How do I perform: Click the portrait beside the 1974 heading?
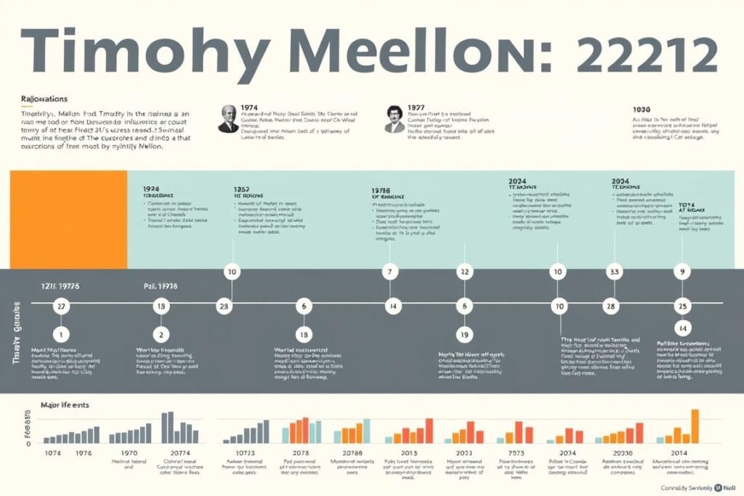coord(228,118)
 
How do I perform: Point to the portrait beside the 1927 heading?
coord(395,118)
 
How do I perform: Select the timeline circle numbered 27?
coord(62,306)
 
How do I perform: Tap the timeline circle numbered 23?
coord(225,306)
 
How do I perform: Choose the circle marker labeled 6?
coord(304,306)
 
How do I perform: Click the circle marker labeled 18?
coord(304,335)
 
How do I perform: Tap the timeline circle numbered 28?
coord(611,306)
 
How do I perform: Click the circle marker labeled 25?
coord(682,306)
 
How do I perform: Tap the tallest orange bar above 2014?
coord(695,426)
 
